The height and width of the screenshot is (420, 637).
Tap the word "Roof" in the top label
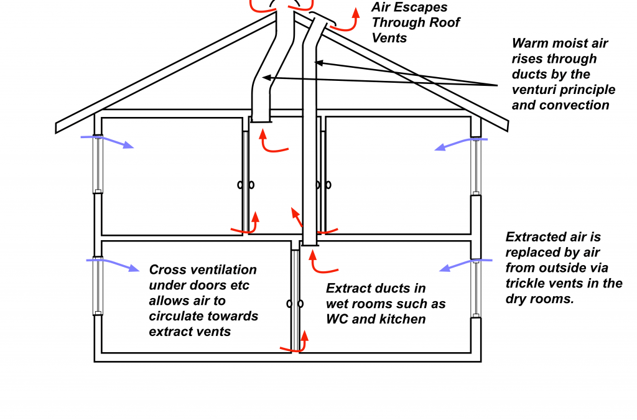point(444,22)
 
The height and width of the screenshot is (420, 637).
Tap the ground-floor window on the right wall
point(476,287)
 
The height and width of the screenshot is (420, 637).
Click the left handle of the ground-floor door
point(289,304)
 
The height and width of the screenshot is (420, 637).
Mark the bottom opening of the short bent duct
point(261,121)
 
